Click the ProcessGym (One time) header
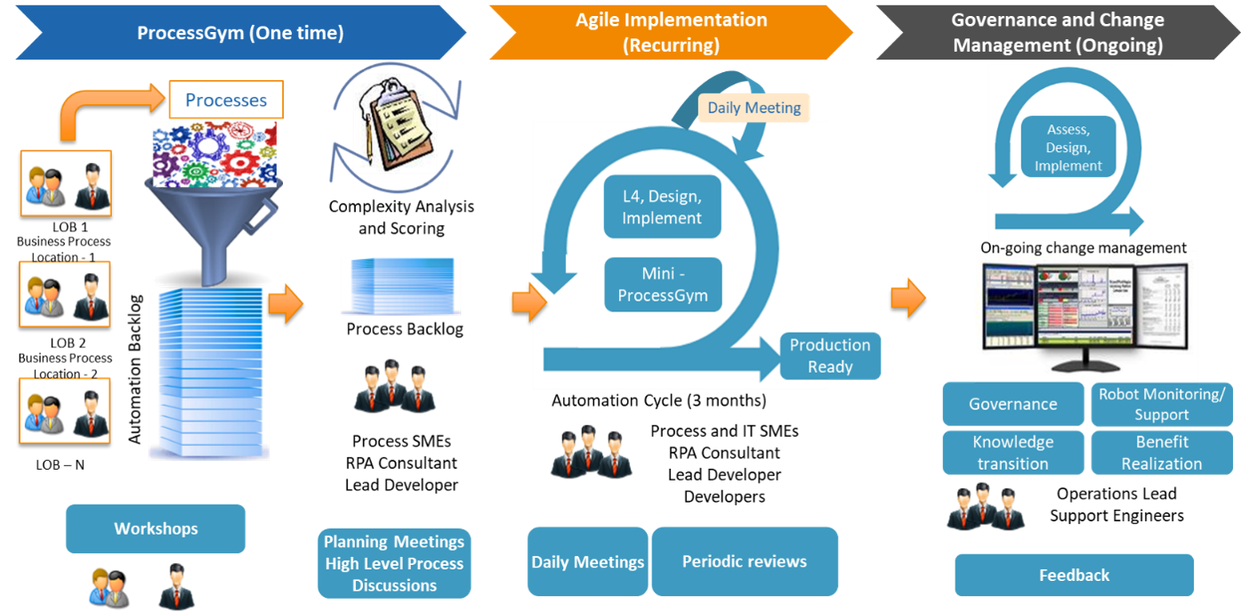240,33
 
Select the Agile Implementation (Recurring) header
671,32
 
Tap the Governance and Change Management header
1057,32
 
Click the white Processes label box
225,101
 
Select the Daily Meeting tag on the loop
753,108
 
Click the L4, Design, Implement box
662,207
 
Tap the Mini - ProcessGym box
662,285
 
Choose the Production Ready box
830,356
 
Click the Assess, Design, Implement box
1068,148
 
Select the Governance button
1012,404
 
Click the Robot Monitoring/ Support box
1161,404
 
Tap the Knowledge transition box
1012,453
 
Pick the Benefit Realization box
1161,453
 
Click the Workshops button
156,528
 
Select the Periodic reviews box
745,561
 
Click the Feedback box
1074,575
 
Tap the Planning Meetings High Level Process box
394,563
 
